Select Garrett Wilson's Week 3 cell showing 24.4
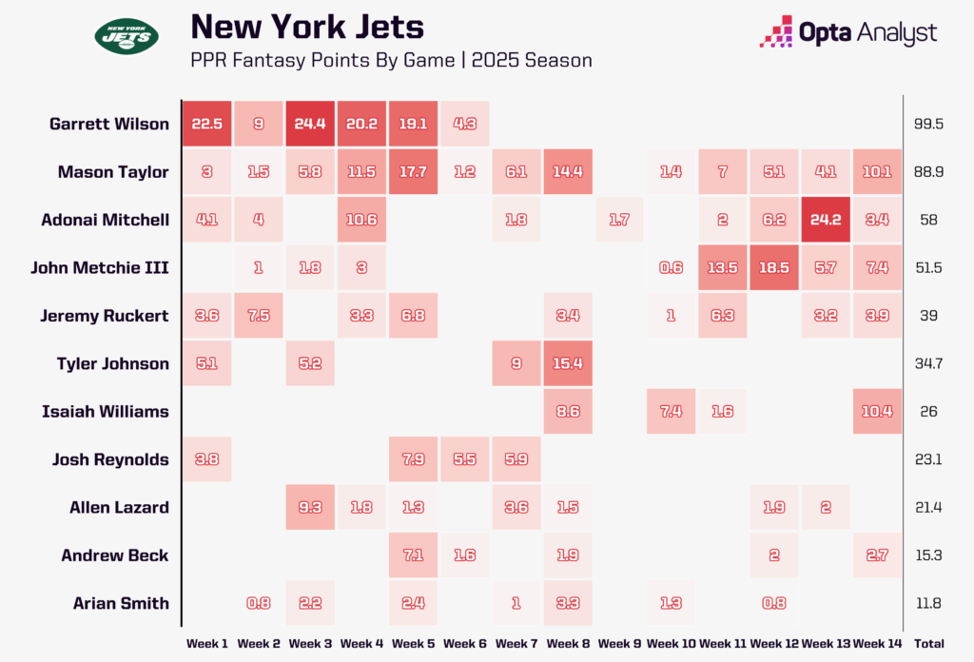tap(313, 124)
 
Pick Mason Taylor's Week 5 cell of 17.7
tap(412, 172)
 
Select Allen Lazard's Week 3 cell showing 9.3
tap(313, 507)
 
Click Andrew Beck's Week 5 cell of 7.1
tap(412, 555)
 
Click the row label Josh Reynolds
tap(109, 459)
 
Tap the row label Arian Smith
tap(121, 603)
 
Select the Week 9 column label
tap(617, 644)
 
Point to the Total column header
tap(928, 644)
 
